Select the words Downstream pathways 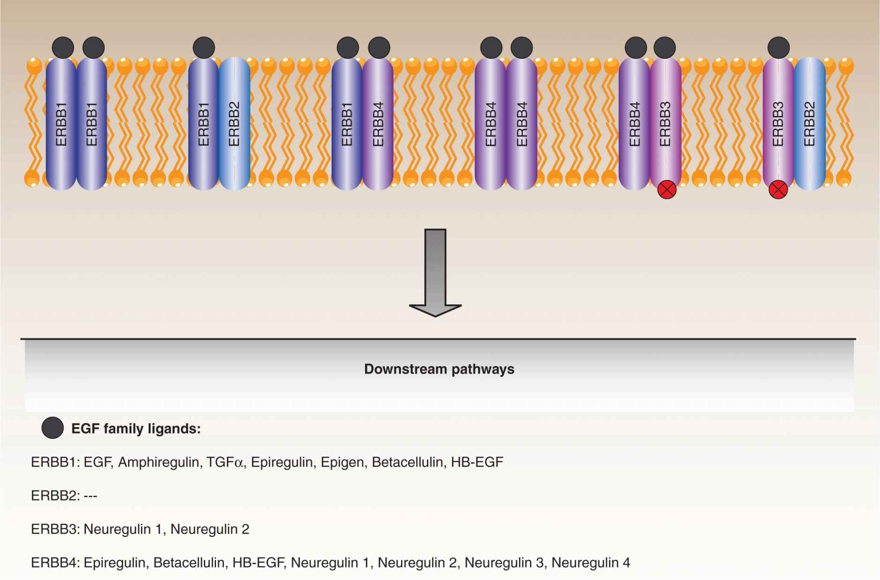click(x=439, y=369)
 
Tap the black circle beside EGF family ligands click(x=52, y=428)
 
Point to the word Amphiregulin click(x=158, y=462)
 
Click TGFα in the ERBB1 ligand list click(x=225, y=462)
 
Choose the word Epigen click(x=342, y=462)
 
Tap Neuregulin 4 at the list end click(x=590, y=562)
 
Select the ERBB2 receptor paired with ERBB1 click(x=234, y=124)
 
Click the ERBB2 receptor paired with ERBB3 click(x=809, y=124)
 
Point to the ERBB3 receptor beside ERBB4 click(x=665, y=124)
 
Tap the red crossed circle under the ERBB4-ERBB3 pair click(x=667, y=190)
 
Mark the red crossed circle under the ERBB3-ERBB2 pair click(x=778, y=190)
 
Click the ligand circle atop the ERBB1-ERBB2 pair click(x=204, y=48)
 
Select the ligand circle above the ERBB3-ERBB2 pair click(x=778, y=48)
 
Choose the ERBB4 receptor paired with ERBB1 click(x=378, y=124)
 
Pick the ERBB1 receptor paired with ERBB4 click(x=347, y=124)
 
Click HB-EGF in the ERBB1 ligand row click(x=477, y=462)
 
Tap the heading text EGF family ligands click(x=136, y=429)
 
